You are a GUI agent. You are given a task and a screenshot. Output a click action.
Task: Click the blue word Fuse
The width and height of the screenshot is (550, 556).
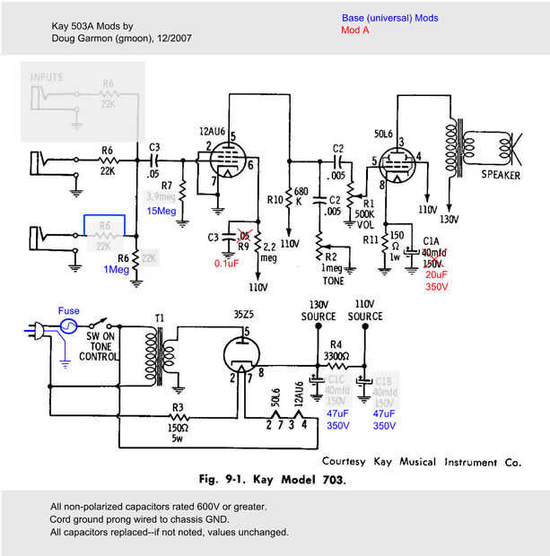69,311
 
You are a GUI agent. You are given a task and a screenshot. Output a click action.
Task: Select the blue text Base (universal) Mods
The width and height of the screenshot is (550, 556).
389,17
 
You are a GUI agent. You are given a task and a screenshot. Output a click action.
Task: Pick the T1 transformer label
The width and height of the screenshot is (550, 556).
159,318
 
